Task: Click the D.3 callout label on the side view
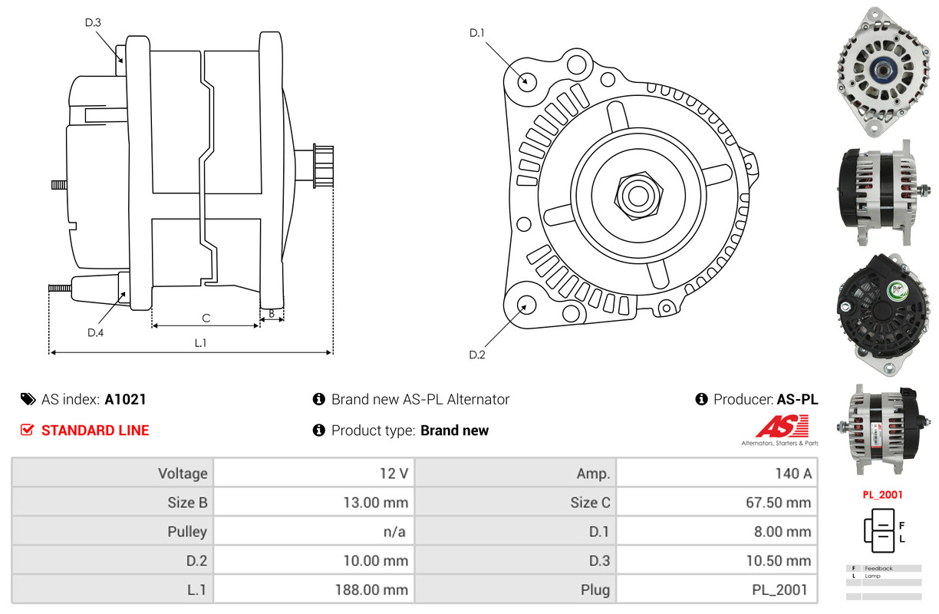93,22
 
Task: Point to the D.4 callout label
95,332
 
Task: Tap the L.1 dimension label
200,343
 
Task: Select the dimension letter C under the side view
206,318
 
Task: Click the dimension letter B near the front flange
271,313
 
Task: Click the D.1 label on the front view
477,32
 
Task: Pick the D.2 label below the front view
477,355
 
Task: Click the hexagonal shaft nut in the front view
637,194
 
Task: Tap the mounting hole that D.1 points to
526,81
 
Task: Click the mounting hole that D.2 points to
526,305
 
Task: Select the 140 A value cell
792,473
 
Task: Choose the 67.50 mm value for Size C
778,503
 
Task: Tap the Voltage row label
183,473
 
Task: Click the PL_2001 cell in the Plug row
780,589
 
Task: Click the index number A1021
125,399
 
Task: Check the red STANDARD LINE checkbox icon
27,431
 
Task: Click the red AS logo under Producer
782,426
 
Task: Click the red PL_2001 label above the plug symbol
882,495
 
